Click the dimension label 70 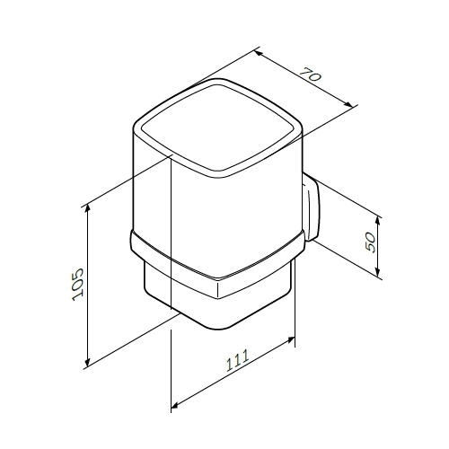tap(311, 75)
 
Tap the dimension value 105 tap(77, 285)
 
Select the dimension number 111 tap(237, 360)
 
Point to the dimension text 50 tap(370, 242)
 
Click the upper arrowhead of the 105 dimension tap(87, 208)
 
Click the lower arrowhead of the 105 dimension tap(87, 362)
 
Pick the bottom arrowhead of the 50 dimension tap(378, 272)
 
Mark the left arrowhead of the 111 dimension tap(175, 405)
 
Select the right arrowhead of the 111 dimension tap(291, 339)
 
